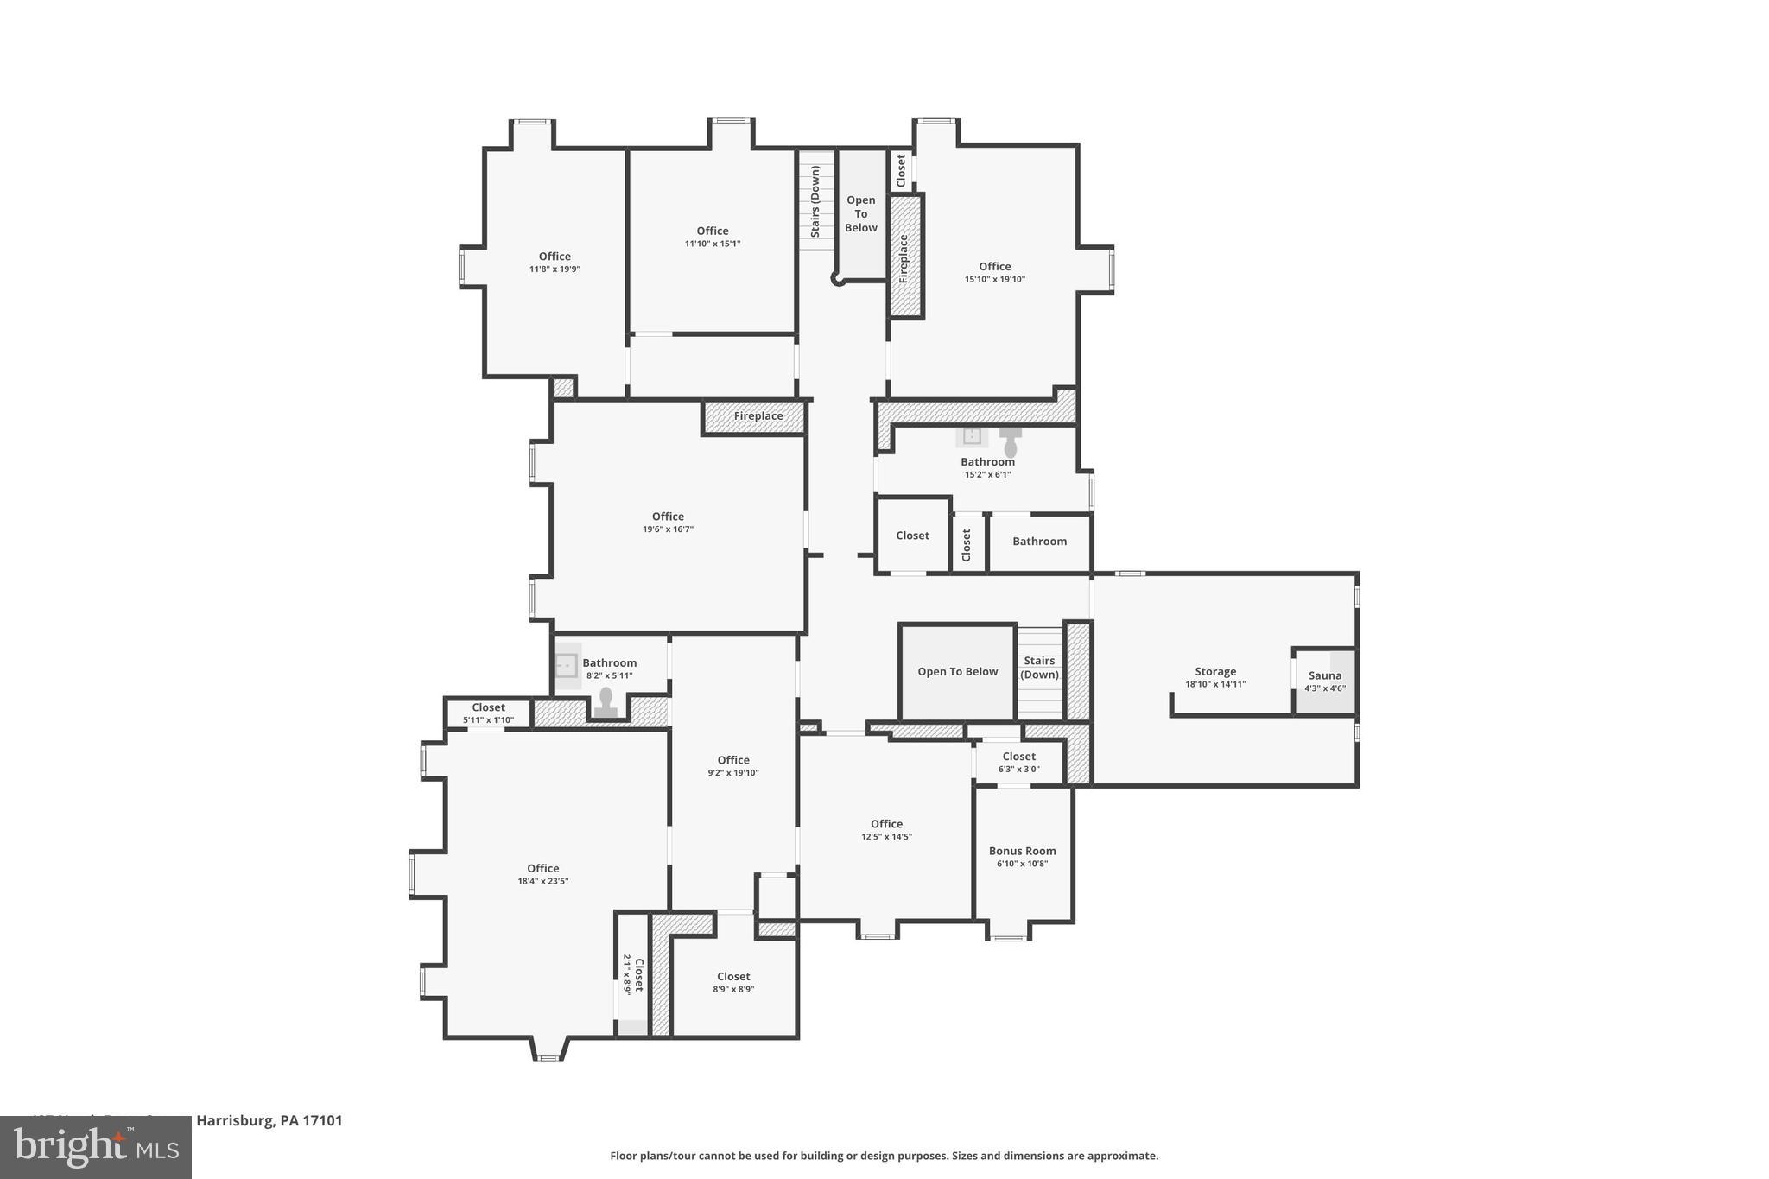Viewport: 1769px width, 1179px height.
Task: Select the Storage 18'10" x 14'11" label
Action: (x=1214, y=677)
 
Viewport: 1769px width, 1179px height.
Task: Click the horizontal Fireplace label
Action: (x=758, y=416)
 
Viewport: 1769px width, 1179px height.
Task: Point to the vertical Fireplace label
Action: (x=904, y=258)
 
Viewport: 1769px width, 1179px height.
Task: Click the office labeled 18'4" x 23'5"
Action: (x=542, y=874)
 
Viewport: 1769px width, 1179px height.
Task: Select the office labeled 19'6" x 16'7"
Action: (x=668, y=522)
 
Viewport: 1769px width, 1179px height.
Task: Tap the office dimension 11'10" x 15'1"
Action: (x=713, y=244)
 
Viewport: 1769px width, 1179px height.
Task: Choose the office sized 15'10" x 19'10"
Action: (x=994, y=272)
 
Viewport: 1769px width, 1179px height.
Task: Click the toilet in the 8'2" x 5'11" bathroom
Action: (x=606, y=700)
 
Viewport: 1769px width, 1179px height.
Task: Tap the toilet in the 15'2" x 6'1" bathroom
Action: (x=1010, y=442)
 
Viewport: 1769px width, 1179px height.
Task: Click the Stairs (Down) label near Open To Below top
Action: (x=815, y=201)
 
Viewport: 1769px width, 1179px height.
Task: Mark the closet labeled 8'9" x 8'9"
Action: (x=732, y=982)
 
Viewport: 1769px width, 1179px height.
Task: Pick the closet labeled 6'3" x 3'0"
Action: (x=1018, y=762)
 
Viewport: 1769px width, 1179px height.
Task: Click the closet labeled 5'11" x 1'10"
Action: (x=488, y=713)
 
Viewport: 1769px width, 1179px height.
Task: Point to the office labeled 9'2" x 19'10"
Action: (x=732, y=766)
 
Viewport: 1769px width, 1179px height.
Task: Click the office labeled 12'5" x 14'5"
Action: (x=886, y=829)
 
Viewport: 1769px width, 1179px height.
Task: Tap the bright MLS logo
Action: (x=96, y=1148)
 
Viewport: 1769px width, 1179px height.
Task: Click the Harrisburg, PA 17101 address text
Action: (x=269, y=1121)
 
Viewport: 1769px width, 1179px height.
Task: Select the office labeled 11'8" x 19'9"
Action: (x=555, y=262)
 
